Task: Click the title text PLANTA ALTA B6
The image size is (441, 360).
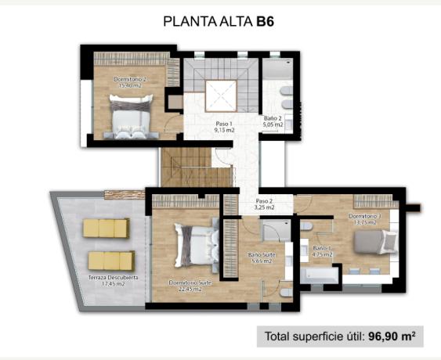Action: point(219,21)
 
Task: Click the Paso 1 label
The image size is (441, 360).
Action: point(226,124)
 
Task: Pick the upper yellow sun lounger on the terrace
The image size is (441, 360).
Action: point(106,228)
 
